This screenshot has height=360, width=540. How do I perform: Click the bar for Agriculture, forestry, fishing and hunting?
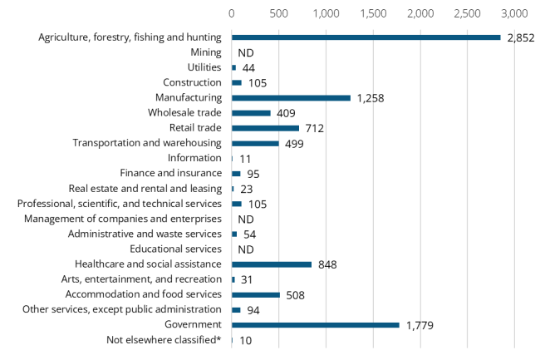(x=366, y=37)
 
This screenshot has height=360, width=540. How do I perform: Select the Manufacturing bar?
(x=291, y=98)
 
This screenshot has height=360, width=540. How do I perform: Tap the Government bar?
(x=315, y=324)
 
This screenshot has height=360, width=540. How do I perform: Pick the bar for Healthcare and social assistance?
(x=271, y=264)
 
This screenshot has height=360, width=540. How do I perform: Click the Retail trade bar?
(x=265, y=128)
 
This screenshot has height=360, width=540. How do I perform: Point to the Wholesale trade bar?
(x=251, y=113)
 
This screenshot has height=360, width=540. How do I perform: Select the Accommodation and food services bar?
(x=255, y=294)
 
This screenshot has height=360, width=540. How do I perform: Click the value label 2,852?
(x=521, y=37)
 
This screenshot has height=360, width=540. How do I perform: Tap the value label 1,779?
(x=420, y=325)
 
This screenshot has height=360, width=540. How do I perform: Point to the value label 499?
(x=295, y=144)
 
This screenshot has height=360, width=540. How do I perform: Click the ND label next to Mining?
(x=245, y=53)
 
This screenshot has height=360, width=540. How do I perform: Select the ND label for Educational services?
(x=245, y=249)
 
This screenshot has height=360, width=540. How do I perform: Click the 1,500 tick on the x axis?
(x=373, y=14)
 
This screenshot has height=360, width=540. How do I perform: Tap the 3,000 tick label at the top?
(x=514, y=14)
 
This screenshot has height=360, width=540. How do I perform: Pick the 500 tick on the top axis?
(x=278, y=14)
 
